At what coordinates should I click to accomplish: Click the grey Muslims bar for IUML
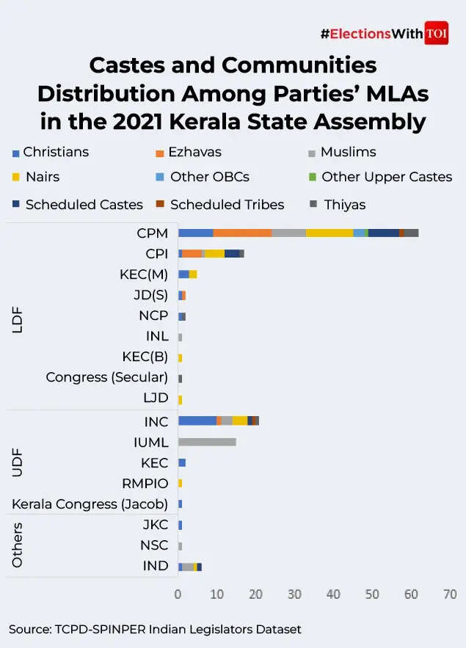point(207,442)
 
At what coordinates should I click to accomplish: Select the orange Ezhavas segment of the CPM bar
point(242,233)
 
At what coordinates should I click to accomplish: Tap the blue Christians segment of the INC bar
point(197,421)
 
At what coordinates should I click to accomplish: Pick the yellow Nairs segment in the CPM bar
point(329,233)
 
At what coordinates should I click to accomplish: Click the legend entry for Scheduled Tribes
point(227,205)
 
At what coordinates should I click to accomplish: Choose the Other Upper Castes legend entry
point(386,177)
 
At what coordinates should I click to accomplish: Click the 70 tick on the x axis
point(450,594)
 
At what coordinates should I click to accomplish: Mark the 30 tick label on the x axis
point(294,594)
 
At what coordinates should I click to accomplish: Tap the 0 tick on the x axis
point(178,594)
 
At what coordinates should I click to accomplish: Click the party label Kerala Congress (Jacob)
point(90,504)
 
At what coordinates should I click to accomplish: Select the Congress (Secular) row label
point(106,377)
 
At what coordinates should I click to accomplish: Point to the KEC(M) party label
point(144,274)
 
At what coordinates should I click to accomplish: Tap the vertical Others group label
point(18,545)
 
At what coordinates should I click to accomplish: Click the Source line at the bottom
point(155,629)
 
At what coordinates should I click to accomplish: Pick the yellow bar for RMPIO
point(180,483)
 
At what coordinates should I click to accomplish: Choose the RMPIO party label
point(145,484)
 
